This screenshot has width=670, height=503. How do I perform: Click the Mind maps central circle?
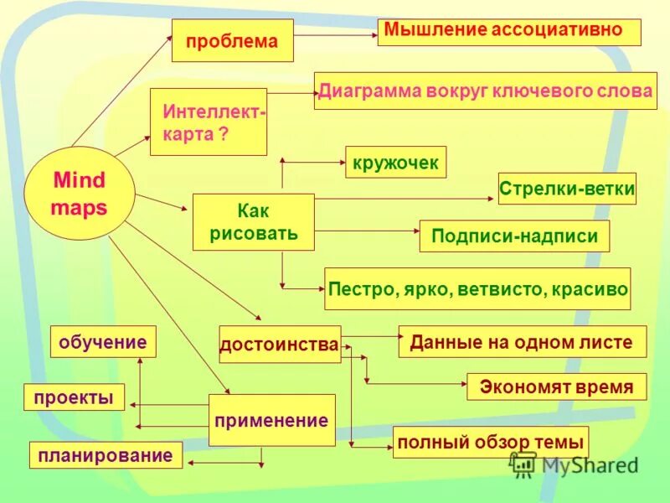pos(80,194)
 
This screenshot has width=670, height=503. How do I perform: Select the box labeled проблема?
pos(232,40)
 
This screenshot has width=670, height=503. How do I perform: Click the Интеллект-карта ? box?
pos(209,122)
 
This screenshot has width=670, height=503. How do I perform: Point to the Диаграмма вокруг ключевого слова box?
pos(484,91)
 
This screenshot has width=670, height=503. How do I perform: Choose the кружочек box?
pos(395,162)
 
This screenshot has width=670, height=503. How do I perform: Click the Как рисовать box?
pos(253,222)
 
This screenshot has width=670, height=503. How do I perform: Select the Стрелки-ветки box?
pos(567,189)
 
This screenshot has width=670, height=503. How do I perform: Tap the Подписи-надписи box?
pos(514,236)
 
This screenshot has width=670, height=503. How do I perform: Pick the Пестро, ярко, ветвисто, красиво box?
pos(477,289)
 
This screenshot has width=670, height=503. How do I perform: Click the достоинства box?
pos(280,344)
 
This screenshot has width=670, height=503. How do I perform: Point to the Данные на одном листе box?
pos(523,341)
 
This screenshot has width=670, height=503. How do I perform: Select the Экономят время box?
pos(556,386)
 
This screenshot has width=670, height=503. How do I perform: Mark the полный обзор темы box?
pos(491,441)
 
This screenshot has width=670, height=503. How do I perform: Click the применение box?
pos(271,420)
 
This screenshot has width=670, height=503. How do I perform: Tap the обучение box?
pos(104,341)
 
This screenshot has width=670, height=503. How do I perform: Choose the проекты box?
pos(74,397)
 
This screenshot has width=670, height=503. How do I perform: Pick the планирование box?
pos(106,454)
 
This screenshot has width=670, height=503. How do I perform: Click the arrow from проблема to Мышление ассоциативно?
pos(335,35)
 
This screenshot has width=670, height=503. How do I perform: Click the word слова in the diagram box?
pos(620,91)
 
